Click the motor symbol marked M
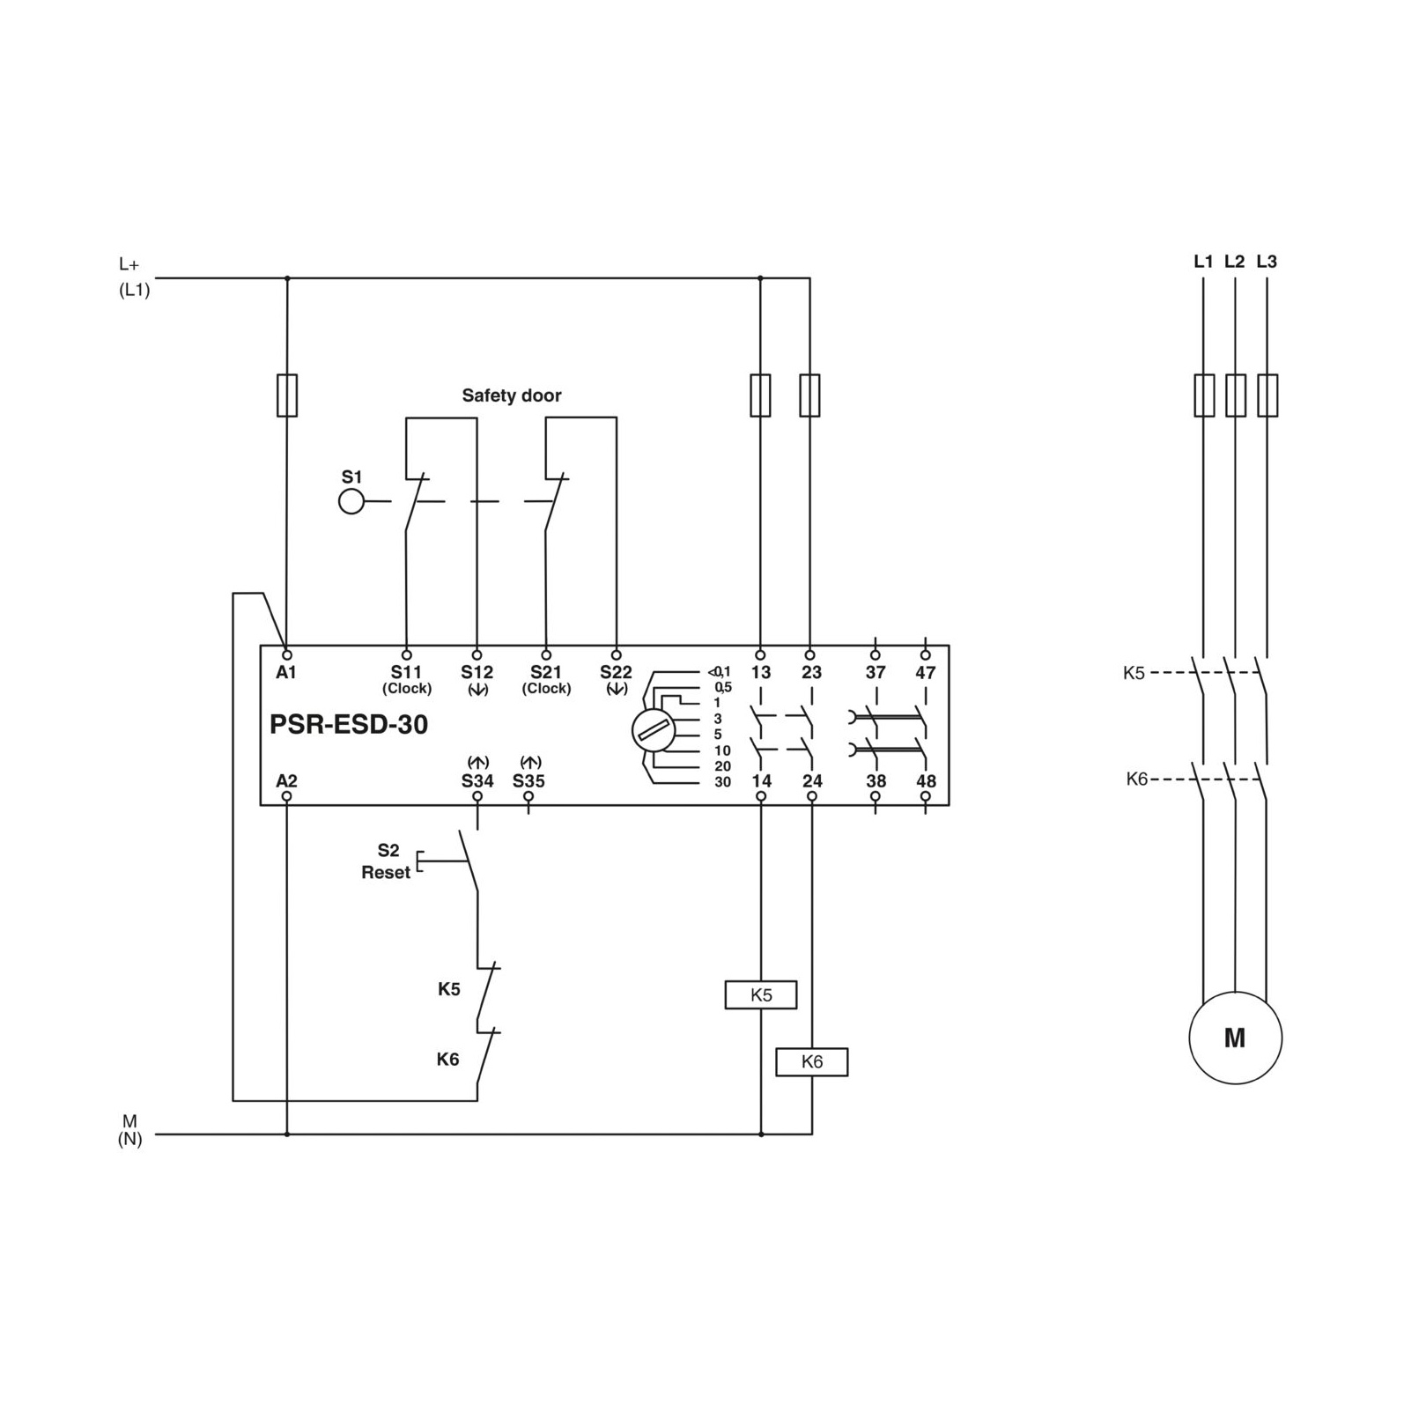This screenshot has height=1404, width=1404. [1234, 1038]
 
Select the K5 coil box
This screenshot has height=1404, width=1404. [761, 995]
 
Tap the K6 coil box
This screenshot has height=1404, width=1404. [811, 1062]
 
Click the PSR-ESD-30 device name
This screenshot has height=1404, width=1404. [349, 725]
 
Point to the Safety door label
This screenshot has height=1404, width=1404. [512, 395]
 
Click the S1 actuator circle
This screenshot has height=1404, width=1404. [351, 502]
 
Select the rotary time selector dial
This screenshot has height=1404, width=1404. [654, 730]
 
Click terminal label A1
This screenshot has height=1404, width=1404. [286, 673]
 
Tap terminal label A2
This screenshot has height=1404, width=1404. [286, 781]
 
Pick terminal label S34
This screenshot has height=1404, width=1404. [477, 781]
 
